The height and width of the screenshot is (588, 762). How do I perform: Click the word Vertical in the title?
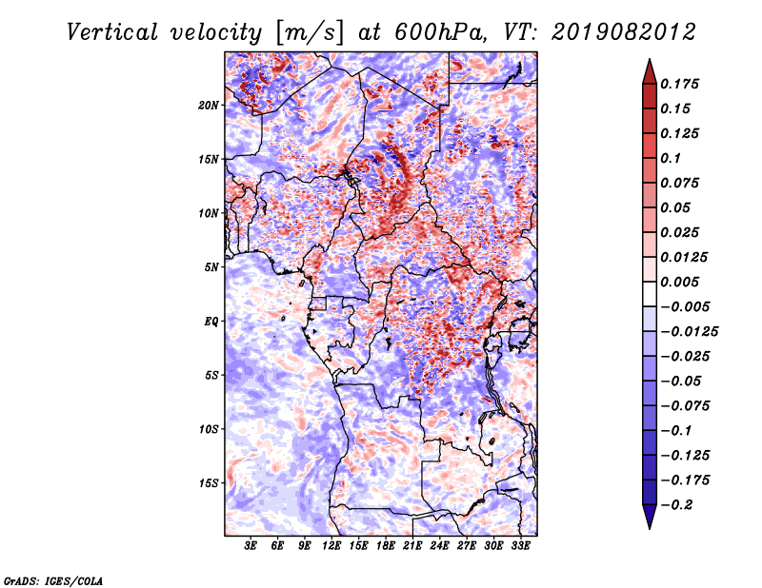tap(112, 32)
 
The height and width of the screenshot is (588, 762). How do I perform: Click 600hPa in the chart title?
tap(439, 32)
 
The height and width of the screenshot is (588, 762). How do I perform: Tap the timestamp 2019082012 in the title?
tap(624, 32)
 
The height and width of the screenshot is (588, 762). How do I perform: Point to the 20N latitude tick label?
tap(209, 106)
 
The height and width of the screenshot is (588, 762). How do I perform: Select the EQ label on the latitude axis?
tap(211, 322)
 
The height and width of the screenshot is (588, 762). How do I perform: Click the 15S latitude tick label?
tap(209, 483)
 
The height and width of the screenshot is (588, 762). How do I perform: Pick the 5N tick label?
tap(211, 267)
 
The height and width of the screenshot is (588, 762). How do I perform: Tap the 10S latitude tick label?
tap(209, 429)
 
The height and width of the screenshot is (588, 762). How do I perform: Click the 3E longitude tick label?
tap(251, 546)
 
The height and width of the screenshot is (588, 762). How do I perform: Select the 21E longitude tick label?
tap(412, 546)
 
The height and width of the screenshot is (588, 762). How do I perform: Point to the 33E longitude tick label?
tap(520, 546)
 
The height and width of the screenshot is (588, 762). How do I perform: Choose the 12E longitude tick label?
tap(331, 546)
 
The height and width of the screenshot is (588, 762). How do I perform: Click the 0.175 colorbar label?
tap(679, 84)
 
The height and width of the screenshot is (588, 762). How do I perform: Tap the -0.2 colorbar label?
tap(676, 505)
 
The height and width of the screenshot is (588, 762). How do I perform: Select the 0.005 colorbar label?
tap(679, 282)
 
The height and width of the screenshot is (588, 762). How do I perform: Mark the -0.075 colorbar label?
tap(685, 406)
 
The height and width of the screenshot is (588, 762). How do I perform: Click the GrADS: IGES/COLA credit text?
tap(53, 580)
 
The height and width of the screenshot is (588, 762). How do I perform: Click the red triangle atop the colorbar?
tap(650, 72)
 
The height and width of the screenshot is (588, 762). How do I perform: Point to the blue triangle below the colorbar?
tap(650, 516)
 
